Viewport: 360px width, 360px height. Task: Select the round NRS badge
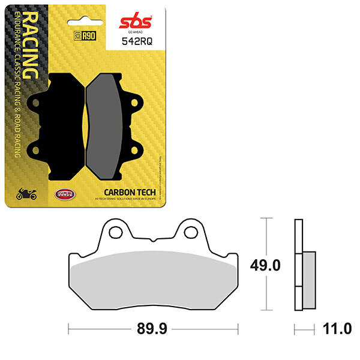click(x=61, y=193)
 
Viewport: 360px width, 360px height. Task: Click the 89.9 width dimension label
click(x=152, y=329)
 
